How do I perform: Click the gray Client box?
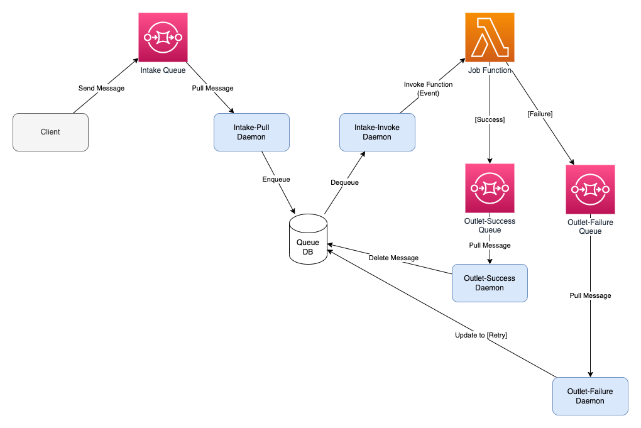click(x=50, y=132)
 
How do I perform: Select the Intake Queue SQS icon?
click(x=163, y=38)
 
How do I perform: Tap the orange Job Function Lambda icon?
click(x=490, y=38)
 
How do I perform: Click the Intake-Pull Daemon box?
click(x=251, y=132)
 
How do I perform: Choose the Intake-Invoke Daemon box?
click(x=377, y=132)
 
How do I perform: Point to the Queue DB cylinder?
click(x=308, y=239)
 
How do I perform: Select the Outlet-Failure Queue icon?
click(x=590, y=189)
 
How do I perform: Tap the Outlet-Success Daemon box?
click(x=490, y=283)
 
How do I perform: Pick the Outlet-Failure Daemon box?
click(x=590, y=396)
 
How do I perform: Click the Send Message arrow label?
click(x=101, y=88)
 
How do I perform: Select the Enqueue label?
click(x=276, y=179)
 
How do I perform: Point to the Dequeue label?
click(x=344, y=182)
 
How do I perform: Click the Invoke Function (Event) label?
click(x=428, y=89)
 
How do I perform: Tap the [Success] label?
click(x=490, y=119)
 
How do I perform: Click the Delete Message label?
click(x=393, y=258)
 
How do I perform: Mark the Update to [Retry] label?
click(x=481, y=335)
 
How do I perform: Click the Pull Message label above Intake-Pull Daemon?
click(x=212, y=88)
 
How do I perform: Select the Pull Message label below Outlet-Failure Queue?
click(x=590, y=295)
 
